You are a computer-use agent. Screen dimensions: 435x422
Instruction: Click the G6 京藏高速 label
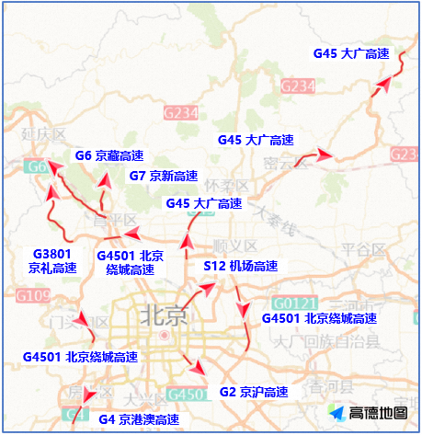[x=108, y=156]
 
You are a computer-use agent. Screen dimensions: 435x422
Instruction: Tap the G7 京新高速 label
[x=163, y=176]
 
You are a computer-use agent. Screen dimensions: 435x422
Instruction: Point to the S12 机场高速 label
[x=240, y=266]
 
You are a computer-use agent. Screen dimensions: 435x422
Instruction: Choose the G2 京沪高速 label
[x=254, y=392]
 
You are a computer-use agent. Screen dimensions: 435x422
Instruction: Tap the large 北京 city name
[x=164, y=315]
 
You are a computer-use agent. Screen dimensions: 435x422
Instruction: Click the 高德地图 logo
[x=368, y=414]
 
